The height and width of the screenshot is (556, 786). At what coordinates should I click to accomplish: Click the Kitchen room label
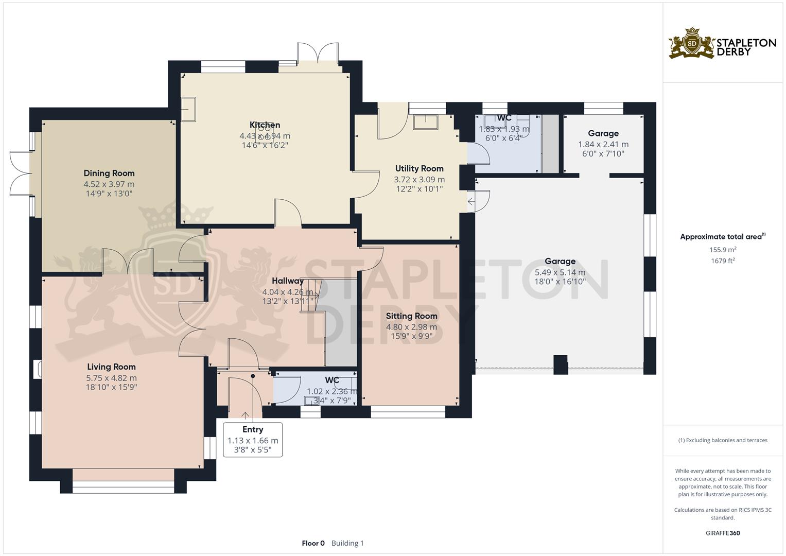click(265, 125)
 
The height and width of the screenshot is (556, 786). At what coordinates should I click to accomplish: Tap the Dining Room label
click(109, 173)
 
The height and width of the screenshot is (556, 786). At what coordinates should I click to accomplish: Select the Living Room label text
click(111, 367)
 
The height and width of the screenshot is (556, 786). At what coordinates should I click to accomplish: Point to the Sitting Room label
click(411, 316)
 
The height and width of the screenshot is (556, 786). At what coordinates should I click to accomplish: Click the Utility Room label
click(419, 169)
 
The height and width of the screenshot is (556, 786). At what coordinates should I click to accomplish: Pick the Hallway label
click(288, 281)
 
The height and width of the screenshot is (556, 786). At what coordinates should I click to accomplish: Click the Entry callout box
click(252, 440)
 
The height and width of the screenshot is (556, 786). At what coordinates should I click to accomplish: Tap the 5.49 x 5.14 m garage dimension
click(560, 272)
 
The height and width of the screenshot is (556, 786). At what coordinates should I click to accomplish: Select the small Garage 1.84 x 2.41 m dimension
click(603, 145)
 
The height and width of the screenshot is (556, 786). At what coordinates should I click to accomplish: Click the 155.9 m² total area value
click(723, 250)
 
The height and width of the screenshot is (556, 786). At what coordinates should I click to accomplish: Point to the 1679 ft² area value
click(723, 261)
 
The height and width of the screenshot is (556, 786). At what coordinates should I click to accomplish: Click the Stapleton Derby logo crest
click(692, 43)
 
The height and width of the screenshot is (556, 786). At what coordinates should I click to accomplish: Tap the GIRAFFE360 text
click(723, 533)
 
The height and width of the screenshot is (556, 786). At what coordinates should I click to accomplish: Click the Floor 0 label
click(313, 543)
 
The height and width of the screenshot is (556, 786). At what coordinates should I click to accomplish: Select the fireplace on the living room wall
click(38, 370)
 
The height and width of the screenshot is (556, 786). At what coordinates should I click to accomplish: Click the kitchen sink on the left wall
click(188, 110)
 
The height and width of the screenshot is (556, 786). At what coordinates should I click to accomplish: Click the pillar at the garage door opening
click(560, 364)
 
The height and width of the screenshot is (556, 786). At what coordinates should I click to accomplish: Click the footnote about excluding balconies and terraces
click(723, 440)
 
